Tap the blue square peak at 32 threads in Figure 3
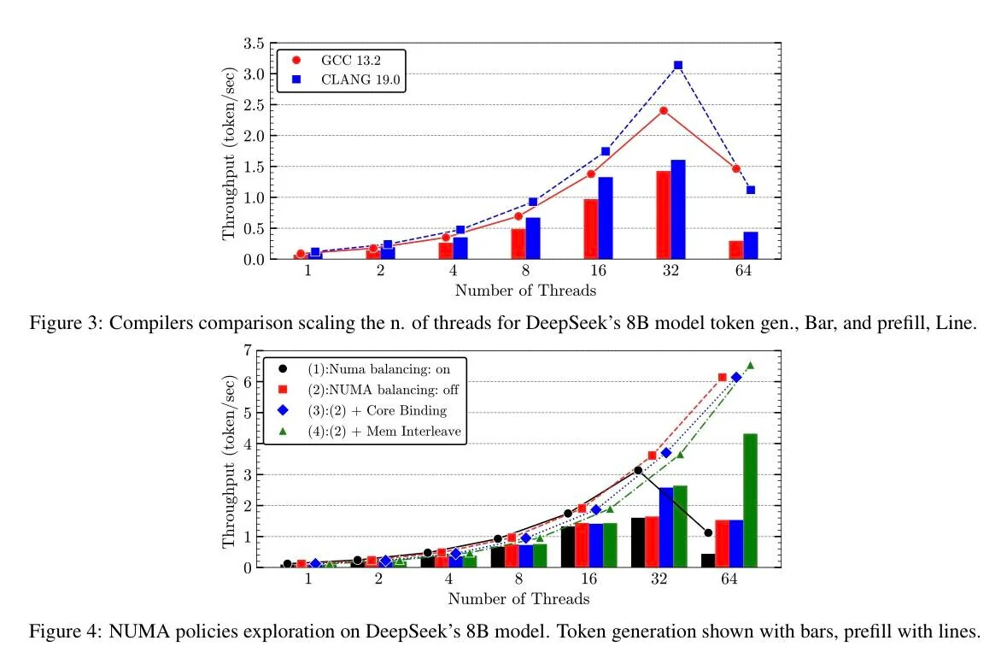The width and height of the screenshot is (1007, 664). pyautogui.click(x=678, y=65)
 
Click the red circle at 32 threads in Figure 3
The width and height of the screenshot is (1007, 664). pyautogui.click(x=664, y=110)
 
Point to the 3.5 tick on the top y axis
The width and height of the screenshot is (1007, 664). pyautogui.click(x=253, y=43)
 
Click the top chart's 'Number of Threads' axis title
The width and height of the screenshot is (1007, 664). pyautogui.click(x=524, y=291)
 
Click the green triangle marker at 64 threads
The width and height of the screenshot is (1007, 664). pyautogui.click(x=751, y=366)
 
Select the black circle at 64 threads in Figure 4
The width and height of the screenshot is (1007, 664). pyautogui.click(x=708, y=533)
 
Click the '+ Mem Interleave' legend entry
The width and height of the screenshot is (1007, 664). pyautogui.click(x=384, y=432)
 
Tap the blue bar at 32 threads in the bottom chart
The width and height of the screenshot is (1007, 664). pyautogui.click(x=666, y=527)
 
